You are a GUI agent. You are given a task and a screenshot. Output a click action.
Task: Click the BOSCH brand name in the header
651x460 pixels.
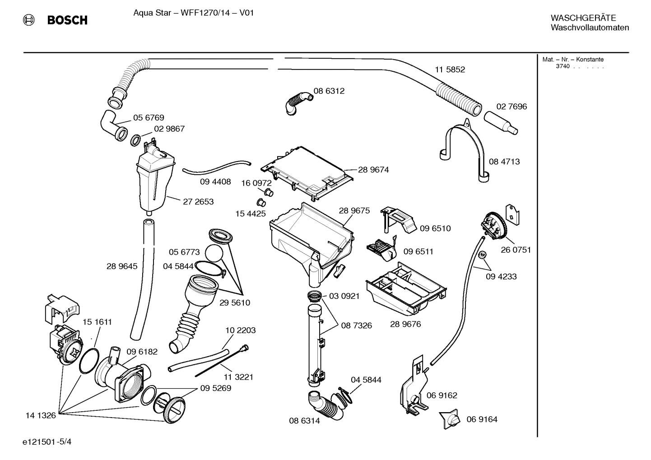coord(67,20)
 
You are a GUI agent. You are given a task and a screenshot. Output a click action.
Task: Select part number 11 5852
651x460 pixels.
coord(450,70)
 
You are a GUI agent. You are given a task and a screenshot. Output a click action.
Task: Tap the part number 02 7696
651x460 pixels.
coord(511,107)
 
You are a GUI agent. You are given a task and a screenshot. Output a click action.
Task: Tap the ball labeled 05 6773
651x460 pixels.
coord(214,254)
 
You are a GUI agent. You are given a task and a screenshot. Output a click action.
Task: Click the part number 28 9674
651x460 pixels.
coord(373,170)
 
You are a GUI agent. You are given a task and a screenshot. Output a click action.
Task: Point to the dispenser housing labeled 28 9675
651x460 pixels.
coord(312,239)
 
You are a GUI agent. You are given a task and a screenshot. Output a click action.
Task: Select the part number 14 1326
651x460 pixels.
coord(41,415)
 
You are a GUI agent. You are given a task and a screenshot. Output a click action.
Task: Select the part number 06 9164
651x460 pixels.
coord(482,419)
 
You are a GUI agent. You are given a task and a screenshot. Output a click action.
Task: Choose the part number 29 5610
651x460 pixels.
coord(235,303)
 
